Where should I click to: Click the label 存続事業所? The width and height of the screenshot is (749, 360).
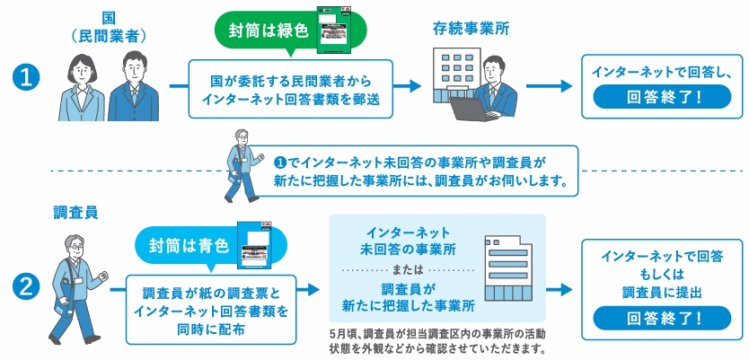point(470,28)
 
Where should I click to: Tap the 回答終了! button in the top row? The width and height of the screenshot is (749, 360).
point(663,97)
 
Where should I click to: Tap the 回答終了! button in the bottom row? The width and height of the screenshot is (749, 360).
point(663,316)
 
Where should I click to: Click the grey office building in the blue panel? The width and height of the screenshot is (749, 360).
point(508,268)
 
